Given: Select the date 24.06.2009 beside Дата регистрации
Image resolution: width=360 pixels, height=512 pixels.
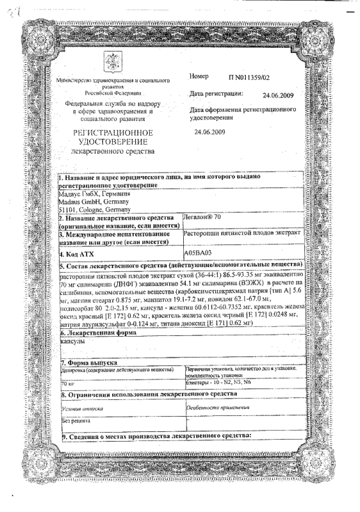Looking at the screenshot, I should tap(278, 95).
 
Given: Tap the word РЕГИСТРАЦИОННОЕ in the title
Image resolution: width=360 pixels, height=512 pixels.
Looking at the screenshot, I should tap(112, 132).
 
